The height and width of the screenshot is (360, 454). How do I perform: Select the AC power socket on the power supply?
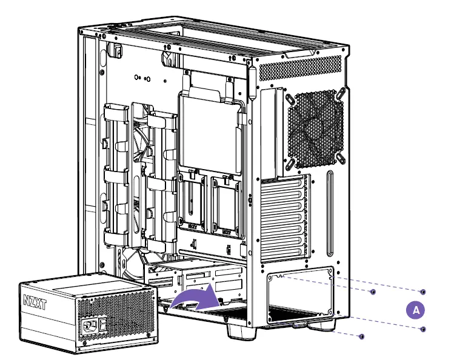pos(89,327)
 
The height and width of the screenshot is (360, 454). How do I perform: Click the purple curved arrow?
pos(193,298)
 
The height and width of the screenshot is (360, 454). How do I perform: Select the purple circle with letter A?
pos(415,309)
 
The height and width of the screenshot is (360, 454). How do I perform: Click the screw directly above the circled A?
pos(422,292)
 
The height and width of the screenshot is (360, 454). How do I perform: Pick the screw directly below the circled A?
pos(422,328)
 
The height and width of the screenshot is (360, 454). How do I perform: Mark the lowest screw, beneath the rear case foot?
pos(362,336)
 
